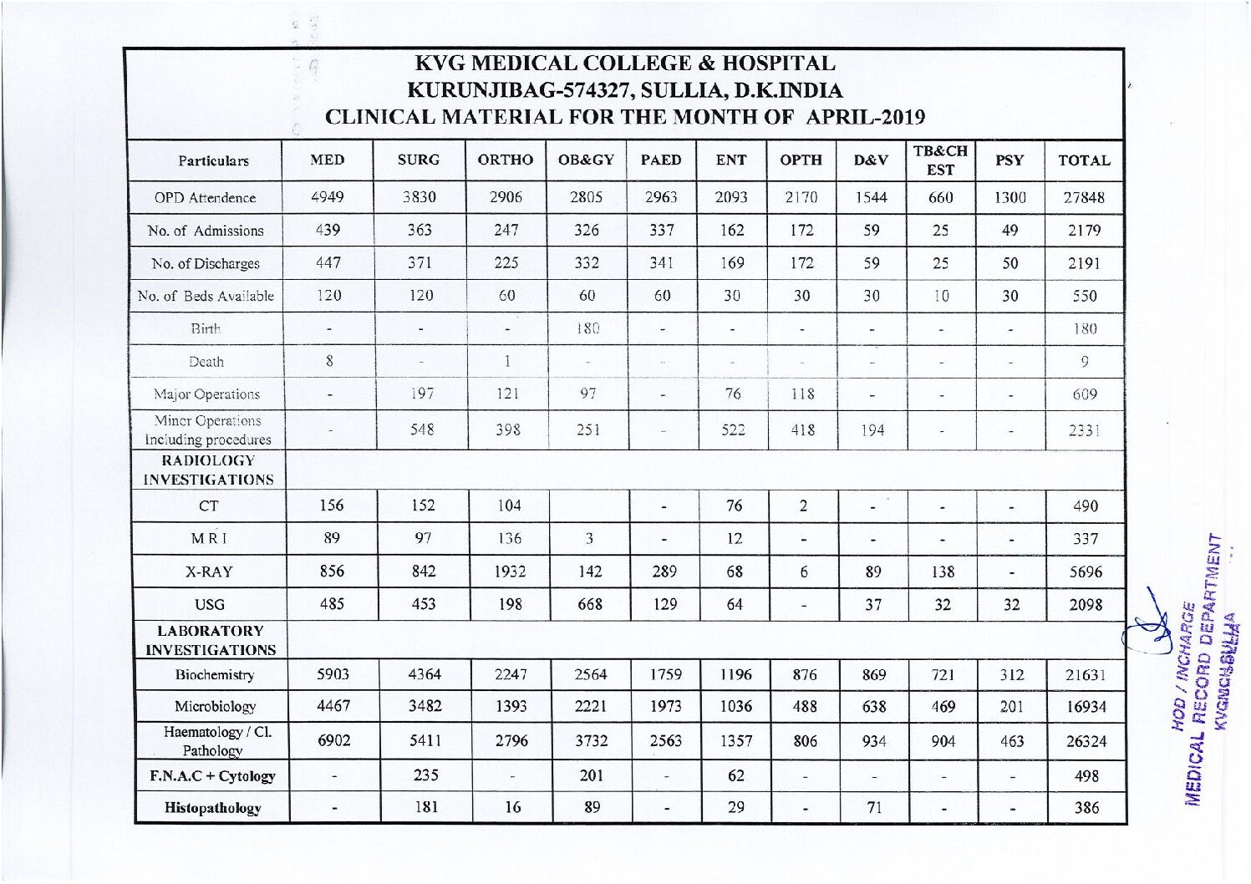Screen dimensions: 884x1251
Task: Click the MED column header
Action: click(327, 160)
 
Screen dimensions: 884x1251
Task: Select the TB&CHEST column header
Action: click(940, 160)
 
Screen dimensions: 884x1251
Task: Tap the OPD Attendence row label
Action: click(206, 198)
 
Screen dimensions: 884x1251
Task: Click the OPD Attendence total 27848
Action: click(1084, 198)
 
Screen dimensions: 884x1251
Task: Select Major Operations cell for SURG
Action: click(422, 394)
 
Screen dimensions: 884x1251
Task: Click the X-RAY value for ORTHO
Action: click(509, 572)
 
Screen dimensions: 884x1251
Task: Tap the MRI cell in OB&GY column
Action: click(589, 539)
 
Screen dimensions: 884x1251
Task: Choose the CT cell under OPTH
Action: click(802, 506)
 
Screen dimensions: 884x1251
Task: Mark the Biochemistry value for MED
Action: click(332, 674)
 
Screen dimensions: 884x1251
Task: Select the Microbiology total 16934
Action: click(1086, 707)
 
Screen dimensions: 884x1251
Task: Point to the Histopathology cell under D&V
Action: click(873, 807)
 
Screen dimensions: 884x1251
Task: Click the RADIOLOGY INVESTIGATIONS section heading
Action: click(208, 470)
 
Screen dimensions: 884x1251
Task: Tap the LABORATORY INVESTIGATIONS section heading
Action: click(208, 640)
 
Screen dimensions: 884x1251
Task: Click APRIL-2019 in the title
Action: click(864, 117)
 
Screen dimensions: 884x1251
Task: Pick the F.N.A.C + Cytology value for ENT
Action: click(735, 775)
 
